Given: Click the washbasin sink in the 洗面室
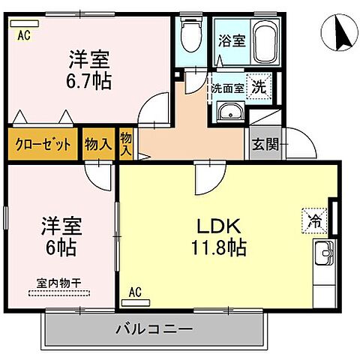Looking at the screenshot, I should click(x=228, y=113).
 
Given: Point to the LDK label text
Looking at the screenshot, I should click(x=218, y=224).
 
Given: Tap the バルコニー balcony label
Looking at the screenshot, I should click(x=154, y=328).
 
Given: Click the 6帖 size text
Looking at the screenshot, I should click(x=61, y=245).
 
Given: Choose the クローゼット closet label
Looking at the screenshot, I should click(x=42, y=144).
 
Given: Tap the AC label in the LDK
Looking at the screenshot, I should click(x=135, y=292).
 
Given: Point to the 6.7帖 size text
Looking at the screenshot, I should click(x=91, y=79).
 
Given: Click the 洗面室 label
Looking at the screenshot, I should click(x=226, y=87).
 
